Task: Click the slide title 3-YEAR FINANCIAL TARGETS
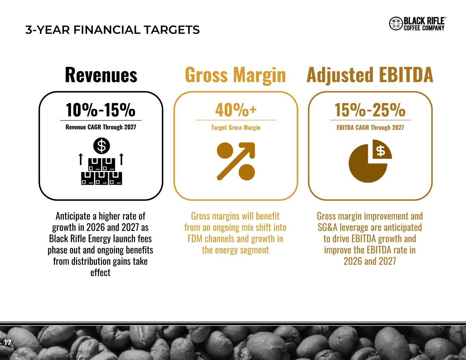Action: tap(112, 30)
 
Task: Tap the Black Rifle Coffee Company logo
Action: tap(417, 24)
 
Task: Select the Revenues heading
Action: tap(101, 75)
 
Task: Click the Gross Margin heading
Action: tap(235, 75)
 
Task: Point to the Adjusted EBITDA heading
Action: tap(370, 75)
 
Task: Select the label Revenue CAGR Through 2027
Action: tap(101, 127)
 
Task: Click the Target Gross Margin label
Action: tap(236, 127)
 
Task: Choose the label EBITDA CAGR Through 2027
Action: tap(370, 127)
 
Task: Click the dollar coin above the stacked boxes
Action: tap(101, 146)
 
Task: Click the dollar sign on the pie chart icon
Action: tap(381, 151)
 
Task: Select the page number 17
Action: tap(5, 342)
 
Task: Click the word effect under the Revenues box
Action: tap(100, 273)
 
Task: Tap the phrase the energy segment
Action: tap(235, 250)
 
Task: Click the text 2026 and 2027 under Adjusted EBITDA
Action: tap(370, 261)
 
